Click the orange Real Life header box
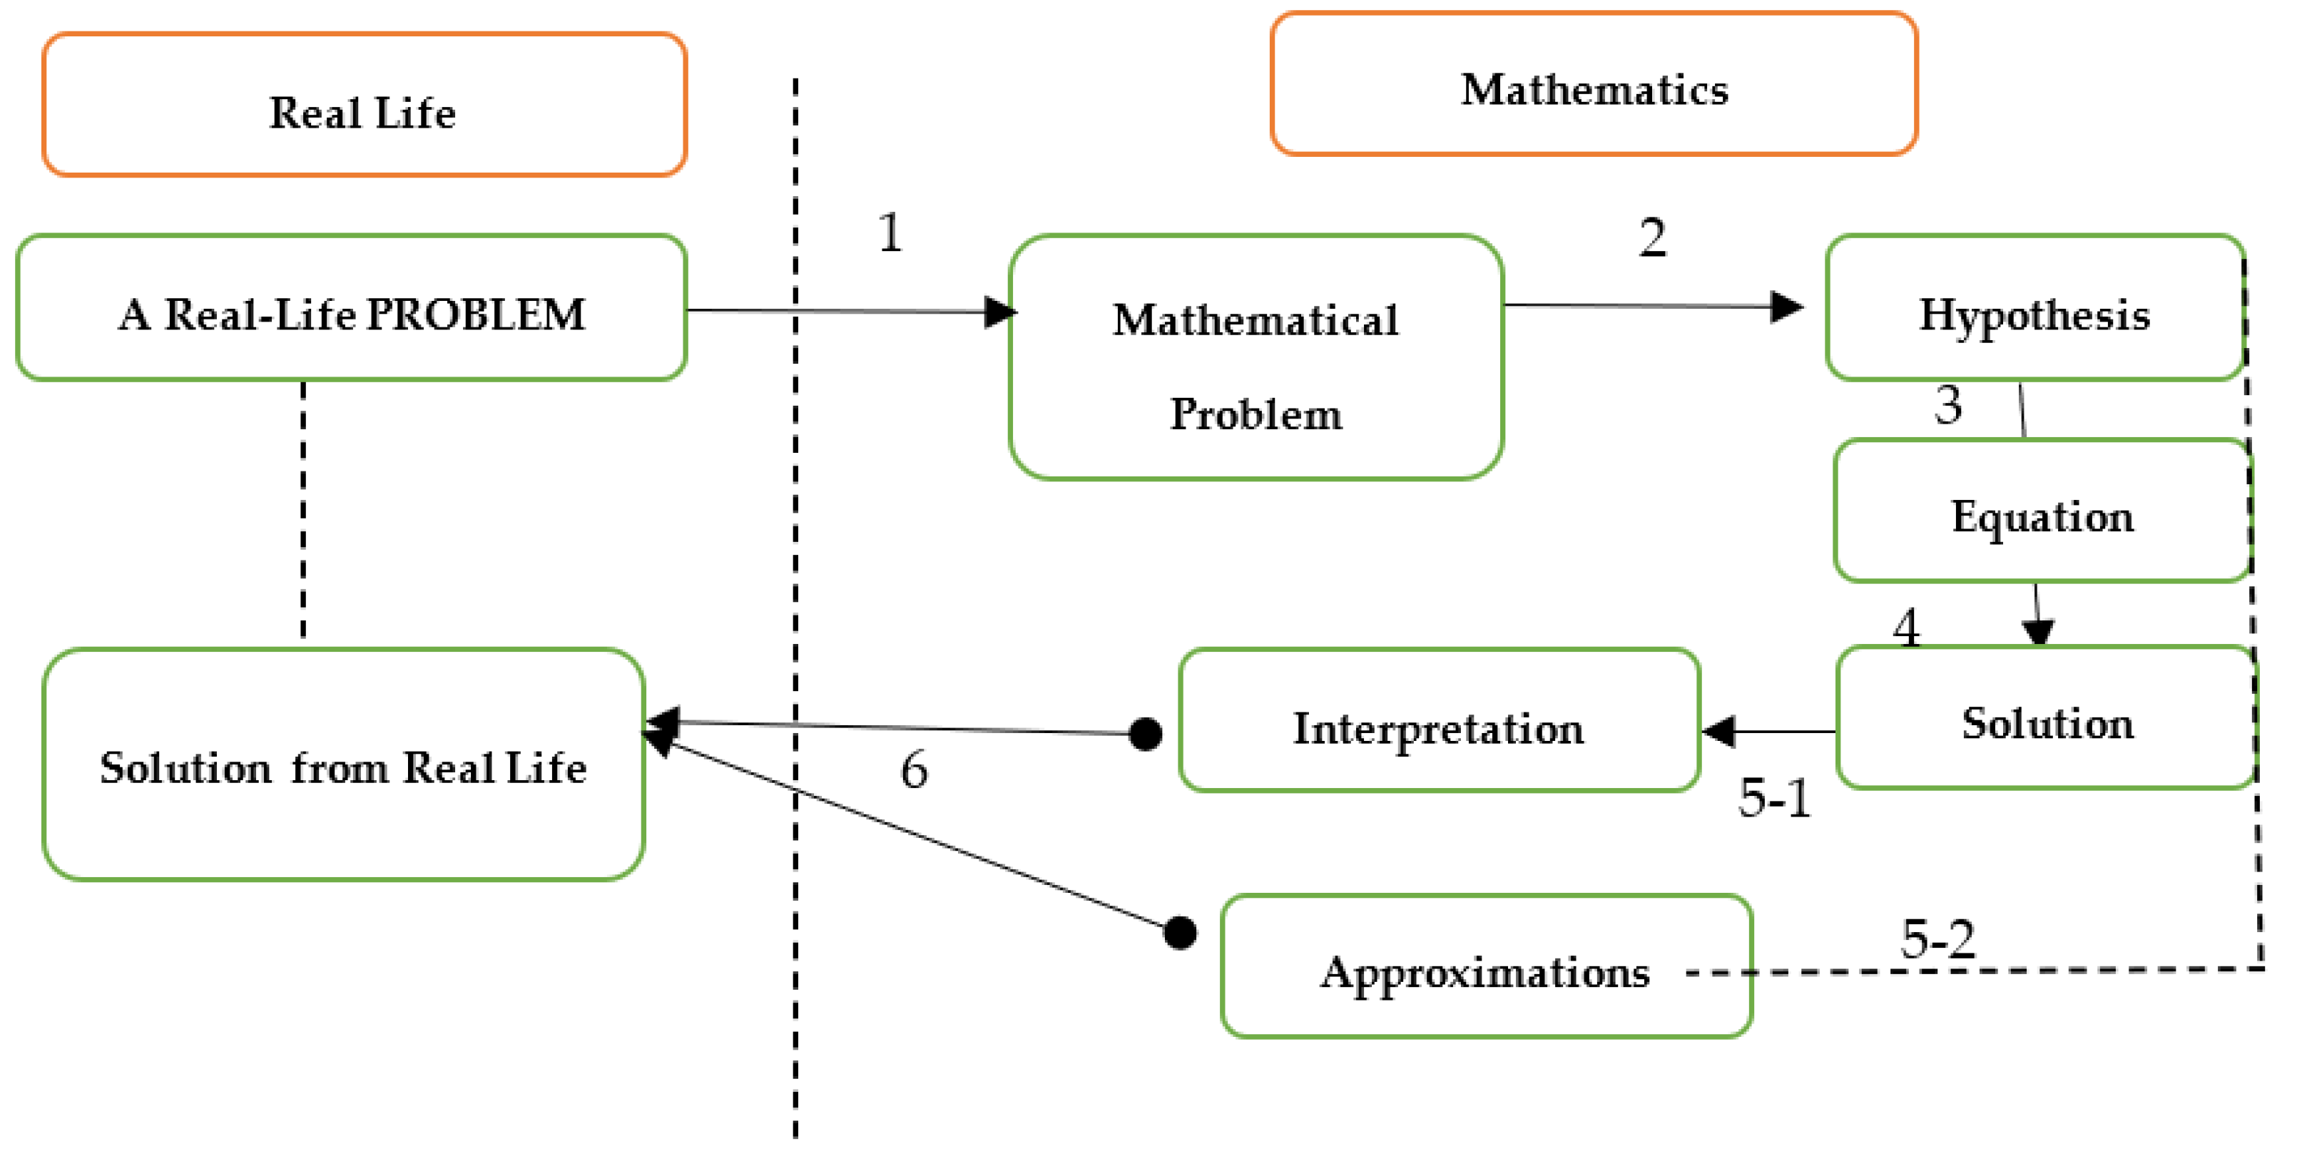pos(364,106)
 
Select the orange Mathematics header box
pos(1594,84)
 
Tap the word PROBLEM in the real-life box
pos(477,314)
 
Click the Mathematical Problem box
pos(1256,357)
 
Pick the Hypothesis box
pos(2034,308)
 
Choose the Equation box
pos(2041,511)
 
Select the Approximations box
pos(1485,967)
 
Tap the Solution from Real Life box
pos(343,765)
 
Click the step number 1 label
pos(890,233)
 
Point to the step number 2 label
pos(1652,237)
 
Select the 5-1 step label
pos(1774,797)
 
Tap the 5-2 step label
pos(1937,938)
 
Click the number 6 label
pos(913,769)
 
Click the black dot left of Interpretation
pos(1146,735)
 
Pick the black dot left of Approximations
pos(1180,933)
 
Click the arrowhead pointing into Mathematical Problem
pos(1000,312)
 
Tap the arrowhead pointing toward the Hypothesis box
pos(1786,307)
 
